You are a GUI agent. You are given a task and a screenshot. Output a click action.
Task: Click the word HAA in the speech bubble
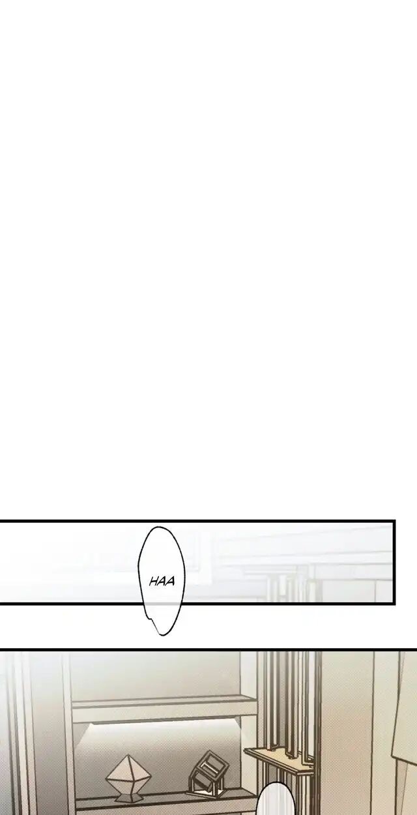162,581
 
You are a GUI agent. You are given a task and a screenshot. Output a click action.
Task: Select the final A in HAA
171,581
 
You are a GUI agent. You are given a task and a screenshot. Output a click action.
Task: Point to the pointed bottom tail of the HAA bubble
160,632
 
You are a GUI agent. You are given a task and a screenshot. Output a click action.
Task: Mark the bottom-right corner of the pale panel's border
394,602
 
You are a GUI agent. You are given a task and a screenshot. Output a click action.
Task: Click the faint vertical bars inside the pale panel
287,584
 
